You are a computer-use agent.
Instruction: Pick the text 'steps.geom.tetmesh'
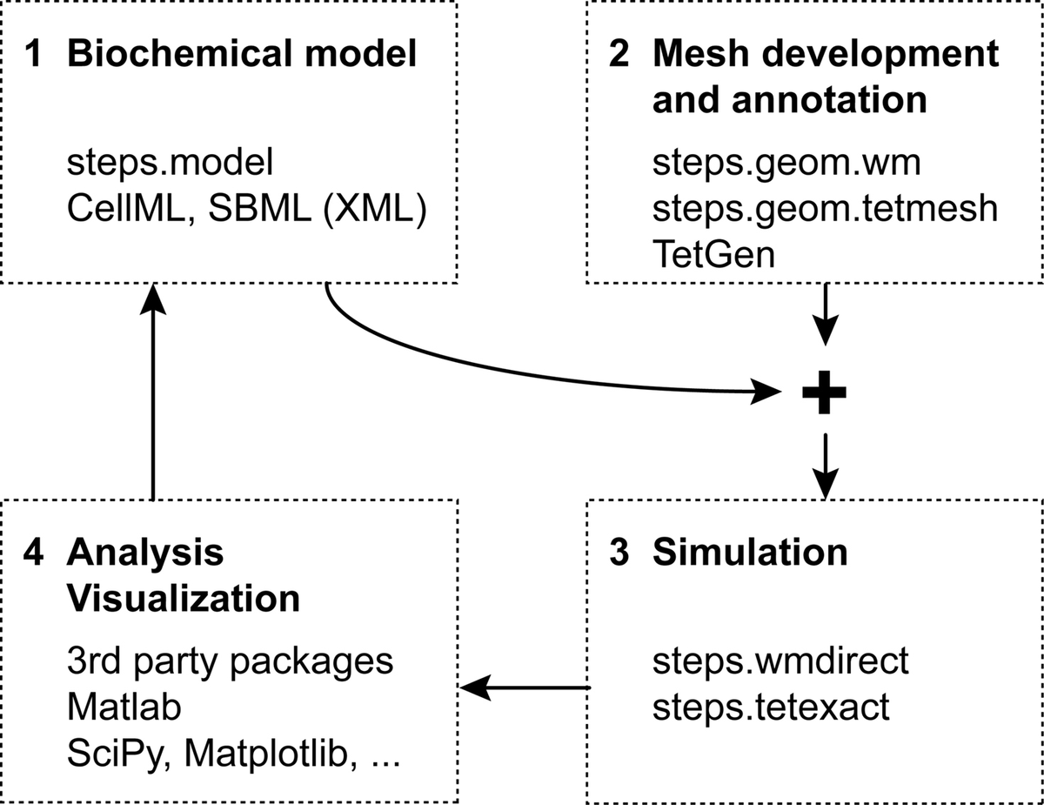(x=824, y=210)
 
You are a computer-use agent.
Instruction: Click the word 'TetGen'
(x=713, y=257)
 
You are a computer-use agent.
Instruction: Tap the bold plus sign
(x=823, y=393)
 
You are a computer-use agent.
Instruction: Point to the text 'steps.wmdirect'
(x=780, y=661)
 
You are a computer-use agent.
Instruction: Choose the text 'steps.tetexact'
(x=771, y=707)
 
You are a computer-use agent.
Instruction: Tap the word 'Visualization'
(x=184, y=600)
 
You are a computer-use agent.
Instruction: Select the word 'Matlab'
(x=124, y=708)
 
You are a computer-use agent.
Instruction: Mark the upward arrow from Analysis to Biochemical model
(x=153, y=392)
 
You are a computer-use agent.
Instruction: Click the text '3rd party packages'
(x=230, y=661)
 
